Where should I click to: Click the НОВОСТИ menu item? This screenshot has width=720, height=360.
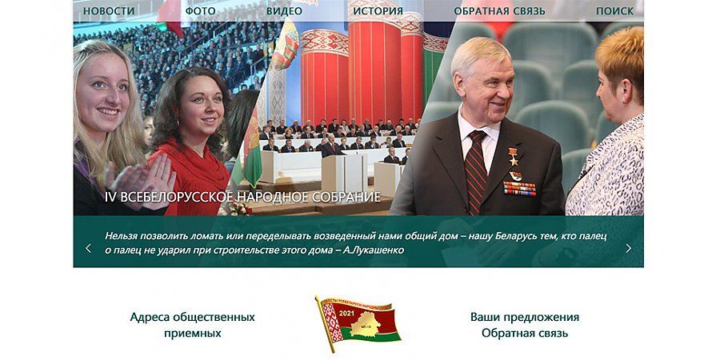click(x=109, y=11)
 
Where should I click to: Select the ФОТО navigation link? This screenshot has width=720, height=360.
click(x=200, y=11)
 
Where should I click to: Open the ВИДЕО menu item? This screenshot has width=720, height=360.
click(x=284, y=11)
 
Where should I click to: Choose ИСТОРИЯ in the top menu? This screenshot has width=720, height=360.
click(x=378, y=11)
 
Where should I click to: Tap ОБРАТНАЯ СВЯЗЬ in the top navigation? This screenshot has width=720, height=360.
click(x=499, y=11)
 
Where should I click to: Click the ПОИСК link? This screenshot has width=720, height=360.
click(x=614, y=11)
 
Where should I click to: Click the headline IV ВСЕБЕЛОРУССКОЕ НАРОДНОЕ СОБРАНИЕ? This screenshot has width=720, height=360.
click(x=242, y=197)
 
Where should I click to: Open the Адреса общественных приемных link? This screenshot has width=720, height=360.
click(x=192, y=325)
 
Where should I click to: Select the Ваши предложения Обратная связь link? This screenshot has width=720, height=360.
click(x=524, y=325)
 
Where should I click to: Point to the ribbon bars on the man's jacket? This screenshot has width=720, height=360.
click(x=518, y=188)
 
